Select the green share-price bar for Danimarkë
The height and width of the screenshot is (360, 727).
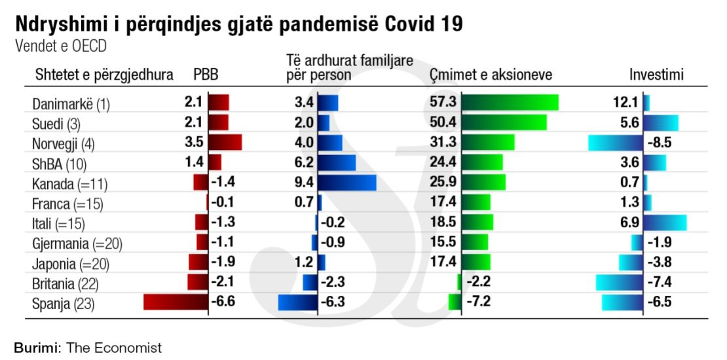click(x=510, y=103)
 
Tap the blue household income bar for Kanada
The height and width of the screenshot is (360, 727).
click(x=347, y=183)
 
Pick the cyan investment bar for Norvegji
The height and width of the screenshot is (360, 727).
click(x=615, y=143)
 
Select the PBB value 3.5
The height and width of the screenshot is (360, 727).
click(x=195, y=143)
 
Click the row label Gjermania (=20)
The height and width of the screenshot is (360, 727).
click(x=77, y=245)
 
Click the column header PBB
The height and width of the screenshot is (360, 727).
click(x=206, y=75)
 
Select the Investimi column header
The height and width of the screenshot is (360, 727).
click(x=656, y=75)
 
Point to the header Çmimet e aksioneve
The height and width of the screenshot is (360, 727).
click(x=491, y=75)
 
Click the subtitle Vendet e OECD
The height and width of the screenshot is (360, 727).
click(x=60, y=46)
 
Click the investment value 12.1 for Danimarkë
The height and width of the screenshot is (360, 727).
click(x=625, y=103)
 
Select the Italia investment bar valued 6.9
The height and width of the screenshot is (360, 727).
click(x=665, y=223)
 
